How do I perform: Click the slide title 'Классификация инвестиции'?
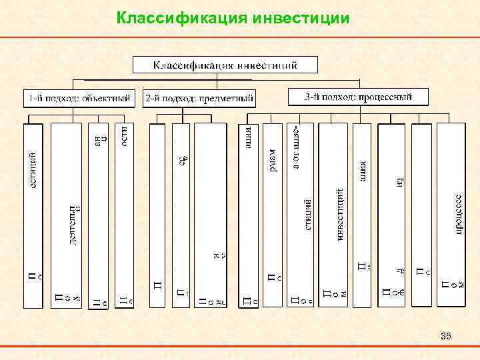[x=232, y=17]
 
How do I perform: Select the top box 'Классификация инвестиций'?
[x=225, y=65]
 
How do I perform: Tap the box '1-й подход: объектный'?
[x=78, y=98]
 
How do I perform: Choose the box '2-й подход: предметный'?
[x=199, y=99]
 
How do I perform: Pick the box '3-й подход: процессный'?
[x=358, y=97]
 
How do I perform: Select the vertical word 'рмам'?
[x=273, y=160]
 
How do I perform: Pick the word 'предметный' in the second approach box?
[x=229, y=99]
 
